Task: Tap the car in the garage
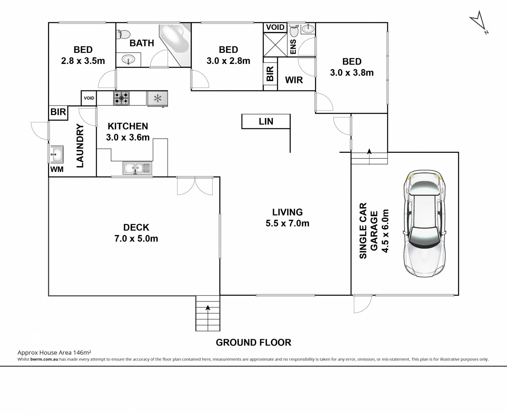tap(424, 224)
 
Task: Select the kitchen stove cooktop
tap(121, 98)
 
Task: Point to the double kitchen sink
tap(137, 168)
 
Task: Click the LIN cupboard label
tap(266, 121)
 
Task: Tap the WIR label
tap(294, 80)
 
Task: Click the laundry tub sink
tap(57, 154)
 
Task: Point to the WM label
tap(57, 169)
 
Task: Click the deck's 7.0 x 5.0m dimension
tap(136, 238)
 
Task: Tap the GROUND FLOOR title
tap(253, 343)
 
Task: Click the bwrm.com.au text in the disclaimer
tap(44, 359)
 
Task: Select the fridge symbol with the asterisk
tap(158, 99)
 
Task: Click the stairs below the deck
tap(208, 313)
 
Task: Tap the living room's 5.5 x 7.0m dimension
tap(287, 223)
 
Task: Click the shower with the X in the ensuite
tap(275, 44)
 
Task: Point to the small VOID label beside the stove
tap(89, 98)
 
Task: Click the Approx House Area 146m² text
tap(54, 352)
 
